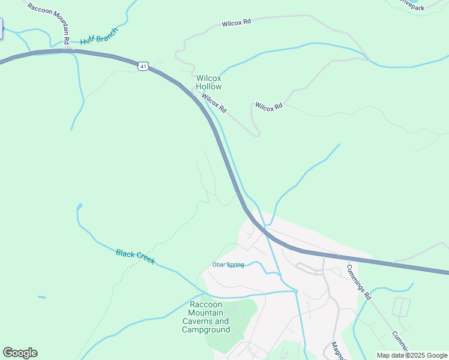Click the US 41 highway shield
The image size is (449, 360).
coord(142,67)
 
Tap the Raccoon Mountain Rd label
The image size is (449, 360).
coord(49,23)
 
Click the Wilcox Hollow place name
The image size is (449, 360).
coord(209,82)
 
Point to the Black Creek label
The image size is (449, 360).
coord(135,257)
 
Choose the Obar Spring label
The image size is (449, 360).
coord(228,265)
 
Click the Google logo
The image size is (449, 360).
coord(20,353)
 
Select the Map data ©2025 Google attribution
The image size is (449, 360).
coord(412,355)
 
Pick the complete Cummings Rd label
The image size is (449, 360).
coord(360,281)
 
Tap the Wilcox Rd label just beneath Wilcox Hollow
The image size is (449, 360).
coord(214,103)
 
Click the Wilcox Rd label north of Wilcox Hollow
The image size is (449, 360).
coord(236,22)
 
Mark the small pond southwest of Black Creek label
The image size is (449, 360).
coord(41,297)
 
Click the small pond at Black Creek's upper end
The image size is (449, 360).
coord(79,207)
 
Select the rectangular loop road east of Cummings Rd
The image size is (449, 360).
coord(400,307)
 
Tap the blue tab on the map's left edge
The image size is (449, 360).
coord(1,28)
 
